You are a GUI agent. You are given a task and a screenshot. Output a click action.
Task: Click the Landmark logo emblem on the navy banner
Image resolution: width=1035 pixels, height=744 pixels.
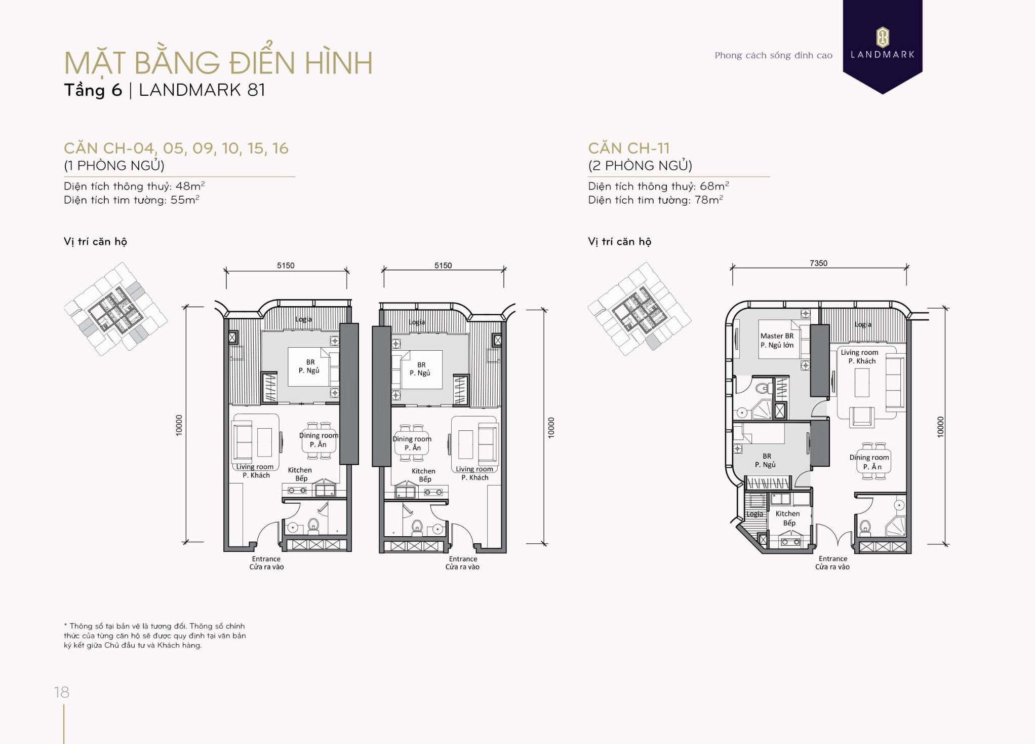(882, 37)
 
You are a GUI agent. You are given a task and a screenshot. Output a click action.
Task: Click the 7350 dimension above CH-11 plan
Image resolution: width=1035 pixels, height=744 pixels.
(818, 263)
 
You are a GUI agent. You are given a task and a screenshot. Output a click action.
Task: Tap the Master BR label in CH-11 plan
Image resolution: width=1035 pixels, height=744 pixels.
(777, 340)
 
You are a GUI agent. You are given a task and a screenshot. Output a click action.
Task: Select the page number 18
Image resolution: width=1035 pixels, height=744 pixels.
(62, 692)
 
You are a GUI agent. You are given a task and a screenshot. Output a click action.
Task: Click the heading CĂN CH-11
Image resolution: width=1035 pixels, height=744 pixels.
(628, 148)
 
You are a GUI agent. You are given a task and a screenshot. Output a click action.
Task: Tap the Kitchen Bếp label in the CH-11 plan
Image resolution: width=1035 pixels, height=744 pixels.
(788, 518)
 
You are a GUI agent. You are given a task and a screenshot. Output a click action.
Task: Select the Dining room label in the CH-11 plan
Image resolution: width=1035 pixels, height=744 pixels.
(869, 462)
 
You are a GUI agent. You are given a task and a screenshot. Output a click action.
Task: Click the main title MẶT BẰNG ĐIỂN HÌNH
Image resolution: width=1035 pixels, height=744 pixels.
(218, 63)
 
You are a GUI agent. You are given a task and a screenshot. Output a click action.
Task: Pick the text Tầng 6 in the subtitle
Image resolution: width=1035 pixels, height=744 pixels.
(93, 90)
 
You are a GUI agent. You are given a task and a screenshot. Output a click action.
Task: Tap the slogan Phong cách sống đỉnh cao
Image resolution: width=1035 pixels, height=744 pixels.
(773, 55)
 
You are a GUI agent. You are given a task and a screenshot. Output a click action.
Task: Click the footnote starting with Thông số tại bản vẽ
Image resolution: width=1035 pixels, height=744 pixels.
(154, 636)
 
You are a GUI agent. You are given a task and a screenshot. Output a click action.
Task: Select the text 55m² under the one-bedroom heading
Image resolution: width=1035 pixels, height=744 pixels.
(184, 200)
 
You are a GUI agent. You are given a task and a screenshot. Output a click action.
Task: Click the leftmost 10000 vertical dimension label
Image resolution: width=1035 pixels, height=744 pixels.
(179, 425)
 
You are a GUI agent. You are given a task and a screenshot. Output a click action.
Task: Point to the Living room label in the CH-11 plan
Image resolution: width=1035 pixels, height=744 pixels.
(859, 356)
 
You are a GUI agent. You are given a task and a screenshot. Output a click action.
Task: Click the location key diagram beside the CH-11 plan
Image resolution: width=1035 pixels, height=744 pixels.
(639, 309)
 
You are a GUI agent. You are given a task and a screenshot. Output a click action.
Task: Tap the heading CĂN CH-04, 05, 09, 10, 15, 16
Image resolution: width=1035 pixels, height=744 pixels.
(176, 148)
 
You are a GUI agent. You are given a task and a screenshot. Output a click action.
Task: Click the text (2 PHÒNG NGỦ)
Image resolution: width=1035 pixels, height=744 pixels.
(640, 166)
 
